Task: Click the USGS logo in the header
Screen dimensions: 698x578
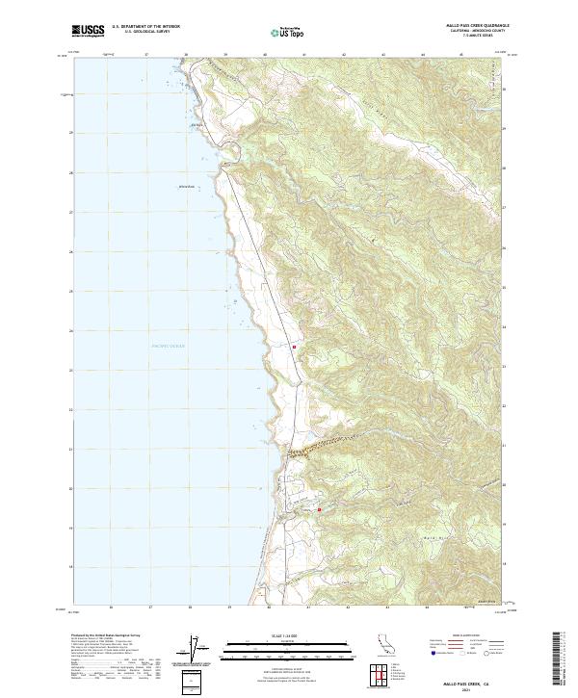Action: pyautogui.click(x=88, y=32)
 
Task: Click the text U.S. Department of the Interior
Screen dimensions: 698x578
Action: pyautogui.click(x=145, y=27)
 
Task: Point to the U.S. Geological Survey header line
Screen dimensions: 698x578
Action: pyautogui.click(x=145, y=32)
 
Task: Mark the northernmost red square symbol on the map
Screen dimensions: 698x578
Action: pyautogui.click(x=295, y=347)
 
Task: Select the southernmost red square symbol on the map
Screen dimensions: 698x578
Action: pyautogui.click(x=319, y=509)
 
